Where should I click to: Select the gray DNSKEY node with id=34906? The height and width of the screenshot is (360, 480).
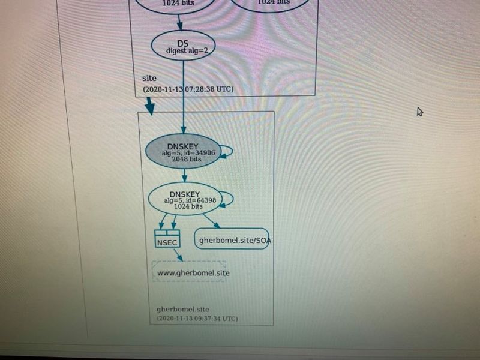[x=183, y=152]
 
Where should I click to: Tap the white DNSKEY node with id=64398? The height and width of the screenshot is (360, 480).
[x=182, y=198]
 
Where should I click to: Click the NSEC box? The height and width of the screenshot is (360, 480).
[x=166, y=239]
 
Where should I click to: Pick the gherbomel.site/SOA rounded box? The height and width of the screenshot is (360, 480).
[x=231, y=239]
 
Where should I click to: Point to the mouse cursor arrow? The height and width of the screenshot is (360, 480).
[x=420, y=112]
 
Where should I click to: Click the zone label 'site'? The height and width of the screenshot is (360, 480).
[x=149, y=79]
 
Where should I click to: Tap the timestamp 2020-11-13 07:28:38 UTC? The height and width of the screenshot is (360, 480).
[x=188, y=89]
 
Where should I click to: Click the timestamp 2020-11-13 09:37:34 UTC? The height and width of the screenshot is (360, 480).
[x=197, y=318]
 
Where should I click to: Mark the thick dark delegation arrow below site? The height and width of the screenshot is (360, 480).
[x=150, y=106]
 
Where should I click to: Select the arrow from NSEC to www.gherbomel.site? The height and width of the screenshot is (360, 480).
[x=178, y=254]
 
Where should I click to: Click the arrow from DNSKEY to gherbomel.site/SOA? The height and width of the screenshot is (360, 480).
[x=211, y=221]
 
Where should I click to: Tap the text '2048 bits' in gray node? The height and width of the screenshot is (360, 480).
[x=186, y=160]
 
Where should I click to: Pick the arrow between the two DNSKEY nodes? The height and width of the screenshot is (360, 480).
[x=184, y=175]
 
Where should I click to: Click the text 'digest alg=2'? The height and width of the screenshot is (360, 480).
[x=187, y=52]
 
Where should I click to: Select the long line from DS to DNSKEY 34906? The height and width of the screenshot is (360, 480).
[x=184, y=96]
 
